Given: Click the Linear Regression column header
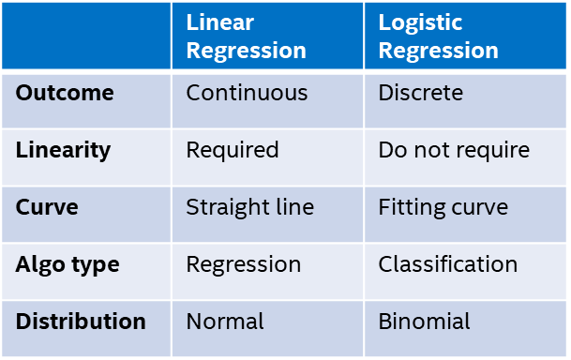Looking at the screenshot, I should pos(246,37).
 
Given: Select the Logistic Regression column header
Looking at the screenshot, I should pos(438,37).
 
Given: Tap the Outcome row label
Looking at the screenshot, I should pos(65,93).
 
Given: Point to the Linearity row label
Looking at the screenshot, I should pos(63,150).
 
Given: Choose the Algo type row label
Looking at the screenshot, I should pos(68,264).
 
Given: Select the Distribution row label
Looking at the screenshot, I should pos(81,322).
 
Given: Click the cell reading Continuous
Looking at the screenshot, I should pos(247,93).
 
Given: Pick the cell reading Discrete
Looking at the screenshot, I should pos(420,93).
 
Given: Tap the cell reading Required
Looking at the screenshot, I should pos(233,150).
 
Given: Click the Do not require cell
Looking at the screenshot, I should pos(454,150).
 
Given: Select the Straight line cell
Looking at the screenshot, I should pos(250,207).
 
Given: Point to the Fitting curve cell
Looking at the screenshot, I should pos(443,207).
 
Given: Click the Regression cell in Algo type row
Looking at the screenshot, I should pos(244,264).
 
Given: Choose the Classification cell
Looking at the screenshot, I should pos(448,264).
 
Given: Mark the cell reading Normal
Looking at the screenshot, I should pos(225,322).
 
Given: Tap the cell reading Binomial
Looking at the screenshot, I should pos(425,322).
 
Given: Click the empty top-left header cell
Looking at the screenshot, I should pos(86,37).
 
